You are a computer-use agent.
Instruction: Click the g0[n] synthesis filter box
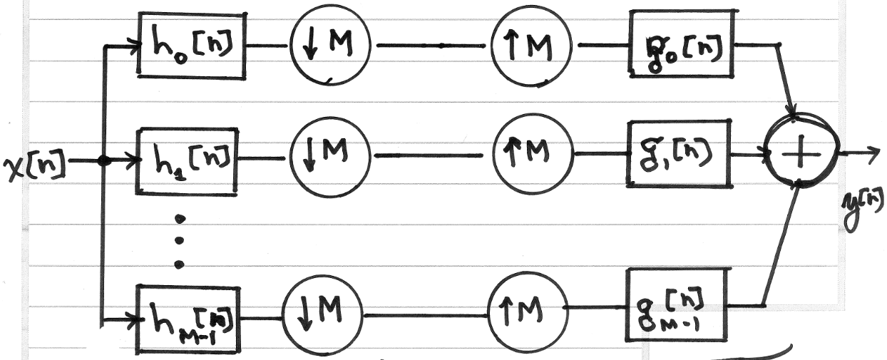coord(682,43)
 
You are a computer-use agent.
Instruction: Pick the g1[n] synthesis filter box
coord(678,153)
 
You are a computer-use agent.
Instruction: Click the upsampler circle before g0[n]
coord(532,46)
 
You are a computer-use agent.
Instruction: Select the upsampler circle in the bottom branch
coord(528,309)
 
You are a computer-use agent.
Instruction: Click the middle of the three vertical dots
coord(179,240)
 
